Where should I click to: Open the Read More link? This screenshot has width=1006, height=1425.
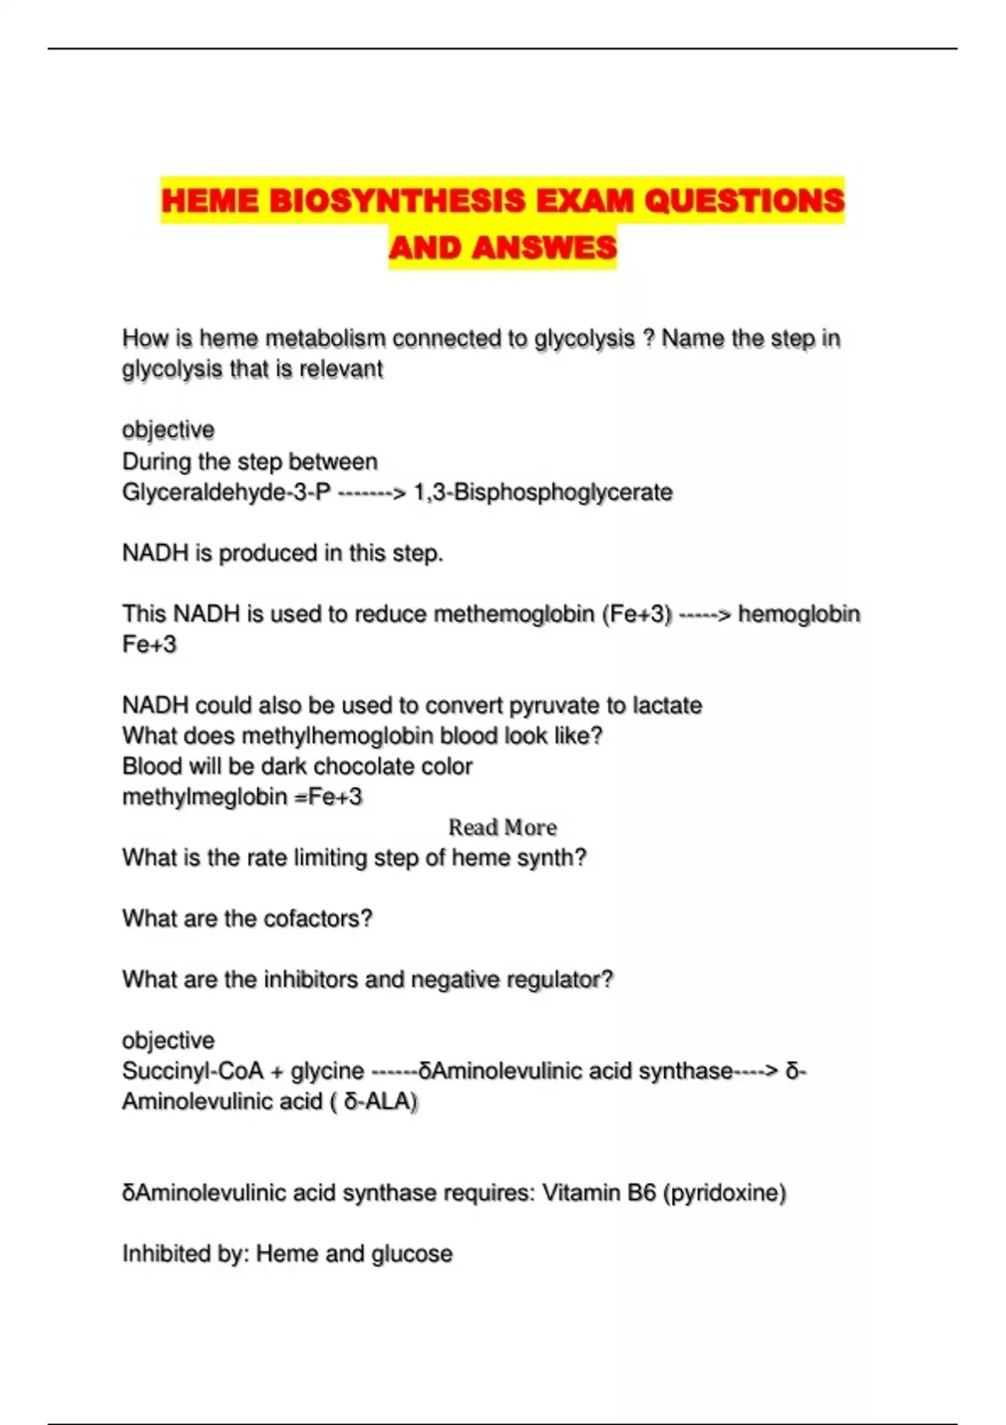[502, 827]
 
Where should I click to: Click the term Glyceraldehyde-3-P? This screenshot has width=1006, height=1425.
[226, 492]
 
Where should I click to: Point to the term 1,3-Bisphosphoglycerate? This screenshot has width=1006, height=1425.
[543, 492]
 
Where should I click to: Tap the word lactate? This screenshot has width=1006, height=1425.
[667, 705]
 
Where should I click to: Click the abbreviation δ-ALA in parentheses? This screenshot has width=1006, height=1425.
[377, 1101]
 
